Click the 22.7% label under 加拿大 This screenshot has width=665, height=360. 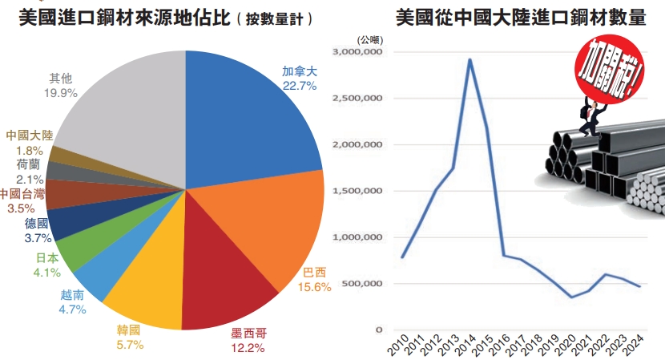[x=300, y=85]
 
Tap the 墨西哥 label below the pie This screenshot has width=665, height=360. [x=248, y=334]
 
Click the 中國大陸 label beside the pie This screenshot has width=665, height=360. [x=29, y=136]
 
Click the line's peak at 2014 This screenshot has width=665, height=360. [x=470, y=59]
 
